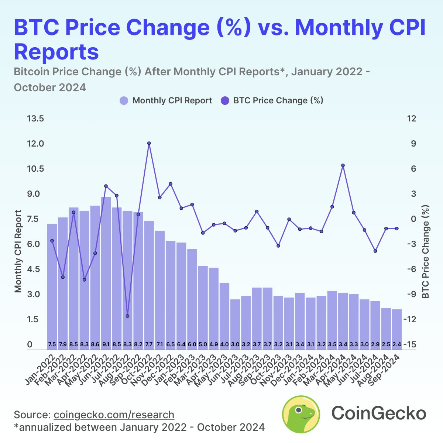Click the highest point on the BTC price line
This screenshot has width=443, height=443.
point(149,143)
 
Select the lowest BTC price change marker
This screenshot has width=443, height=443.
point(127,316)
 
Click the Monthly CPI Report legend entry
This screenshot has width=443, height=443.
point(166,100)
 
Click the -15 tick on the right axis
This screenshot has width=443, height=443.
point(411,344)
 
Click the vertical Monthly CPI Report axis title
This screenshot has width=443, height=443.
point(18,251)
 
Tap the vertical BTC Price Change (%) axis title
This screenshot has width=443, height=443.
point(426,251)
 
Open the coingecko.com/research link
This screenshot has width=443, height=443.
point(114,414)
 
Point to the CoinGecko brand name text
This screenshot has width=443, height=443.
point(378,413)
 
